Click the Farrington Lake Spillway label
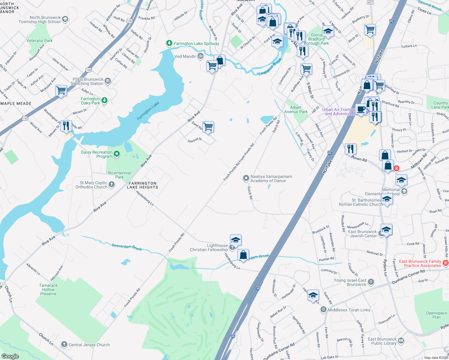pyautogui.click(x=196, y=43)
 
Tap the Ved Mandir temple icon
pyautogui.click(x=200, y=56)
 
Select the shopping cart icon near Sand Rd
pyautogui.click(x=208, y=127)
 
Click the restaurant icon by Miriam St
pyautogui.click(x=66, y=125)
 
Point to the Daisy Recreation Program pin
pyautogui.click(x=117, y=154)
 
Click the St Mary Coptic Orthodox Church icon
pyautogui.click(x=112, y=184)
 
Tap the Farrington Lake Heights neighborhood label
pyautogui.click(x=143, y=185)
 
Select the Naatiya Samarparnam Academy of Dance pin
pyautogui.click(x=246, y=178)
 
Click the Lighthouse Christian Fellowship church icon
pyautogui.click(x=232, y=247)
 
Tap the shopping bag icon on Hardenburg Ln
pyautogui.click(x=243, y=255)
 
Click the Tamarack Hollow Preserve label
pyautogui.click(x=48, y=289)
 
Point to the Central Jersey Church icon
pyautogui.click(x=64, y=344)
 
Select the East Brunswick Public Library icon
pyautogui.click(x=401, y=341)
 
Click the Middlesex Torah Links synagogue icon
pyautogui.click(x=323, y=310)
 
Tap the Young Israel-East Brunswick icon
pyautogui.click(x=371, y=282)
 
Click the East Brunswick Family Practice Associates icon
pyautogui.click(x=445, y=263)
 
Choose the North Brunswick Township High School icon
pyautogui.click(x=65, y=19)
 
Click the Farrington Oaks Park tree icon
pyautogui.click(x=104, y=100)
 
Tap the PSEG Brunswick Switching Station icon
pyautogui.click(x=108, y=81)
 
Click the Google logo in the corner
pyautogui.click(x=10, y=356)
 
